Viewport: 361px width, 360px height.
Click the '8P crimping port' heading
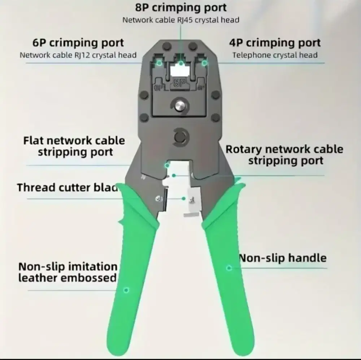181,8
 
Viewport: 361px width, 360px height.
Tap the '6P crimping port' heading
78,43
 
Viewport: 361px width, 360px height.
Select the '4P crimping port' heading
275,43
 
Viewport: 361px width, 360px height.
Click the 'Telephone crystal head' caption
275,55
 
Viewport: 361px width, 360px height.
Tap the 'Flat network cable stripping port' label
74,146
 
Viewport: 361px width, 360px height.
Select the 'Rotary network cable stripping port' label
284,154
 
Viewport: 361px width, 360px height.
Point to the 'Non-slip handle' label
283,258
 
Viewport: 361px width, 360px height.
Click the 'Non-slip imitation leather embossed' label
68,272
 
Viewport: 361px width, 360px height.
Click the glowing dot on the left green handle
126,290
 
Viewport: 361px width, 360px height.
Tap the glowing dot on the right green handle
229,268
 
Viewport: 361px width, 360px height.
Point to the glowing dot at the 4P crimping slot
204,63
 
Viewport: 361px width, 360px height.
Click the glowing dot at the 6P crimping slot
158,63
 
